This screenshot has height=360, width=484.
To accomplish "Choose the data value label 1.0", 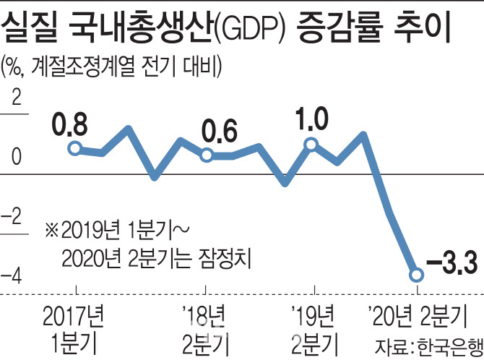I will (x=312, y=118).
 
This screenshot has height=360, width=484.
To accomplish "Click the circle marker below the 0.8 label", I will (x=74, y=148).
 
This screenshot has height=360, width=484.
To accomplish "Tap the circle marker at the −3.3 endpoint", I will (x=416, y=275).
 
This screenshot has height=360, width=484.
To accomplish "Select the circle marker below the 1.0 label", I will (x=311, y=145).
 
